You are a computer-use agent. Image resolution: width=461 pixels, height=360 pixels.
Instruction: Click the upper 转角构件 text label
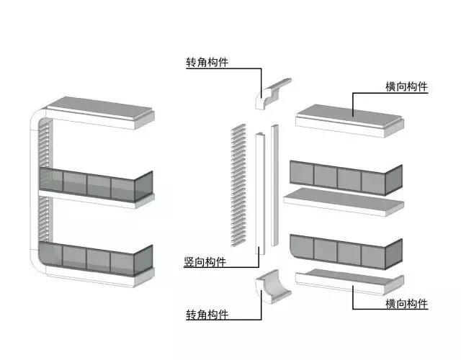(207, 63)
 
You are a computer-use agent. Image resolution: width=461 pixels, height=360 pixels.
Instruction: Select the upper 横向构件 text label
(406, 86)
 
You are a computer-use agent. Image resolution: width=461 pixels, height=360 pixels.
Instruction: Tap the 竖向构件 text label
(205, 261)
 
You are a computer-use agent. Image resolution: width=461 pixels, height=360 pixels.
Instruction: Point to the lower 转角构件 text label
(207, 315)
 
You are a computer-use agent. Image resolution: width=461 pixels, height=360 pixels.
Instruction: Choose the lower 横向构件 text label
(406, 303)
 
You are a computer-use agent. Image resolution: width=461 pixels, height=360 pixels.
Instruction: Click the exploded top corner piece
(272, 94)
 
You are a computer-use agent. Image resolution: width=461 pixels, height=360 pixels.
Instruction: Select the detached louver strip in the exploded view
(238, 185)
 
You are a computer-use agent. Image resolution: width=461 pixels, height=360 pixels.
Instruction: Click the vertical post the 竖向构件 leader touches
(260, 194)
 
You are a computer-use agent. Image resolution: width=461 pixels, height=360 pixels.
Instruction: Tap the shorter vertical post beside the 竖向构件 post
(274, 185)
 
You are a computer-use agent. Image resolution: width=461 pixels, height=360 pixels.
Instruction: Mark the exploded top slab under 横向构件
(349, 120)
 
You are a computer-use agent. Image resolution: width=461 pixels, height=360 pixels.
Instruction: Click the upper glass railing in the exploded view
(346, 178)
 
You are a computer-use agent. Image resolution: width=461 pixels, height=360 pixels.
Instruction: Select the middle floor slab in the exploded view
(344, 202)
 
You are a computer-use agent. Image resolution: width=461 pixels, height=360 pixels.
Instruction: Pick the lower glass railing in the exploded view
(346, 252)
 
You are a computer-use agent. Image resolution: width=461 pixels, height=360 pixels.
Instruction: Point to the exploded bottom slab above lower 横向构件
(350, 282)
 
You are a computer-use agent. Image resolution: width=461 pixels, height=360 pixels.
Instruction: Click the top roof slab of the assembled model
(101, 113)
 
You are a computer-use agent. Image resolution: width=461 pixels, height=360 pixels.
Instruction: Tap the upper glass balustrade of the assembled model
(96, 184)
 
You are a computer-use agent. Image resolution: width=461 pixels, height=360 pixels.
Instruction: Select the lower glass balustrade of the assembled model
(96, 258)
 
